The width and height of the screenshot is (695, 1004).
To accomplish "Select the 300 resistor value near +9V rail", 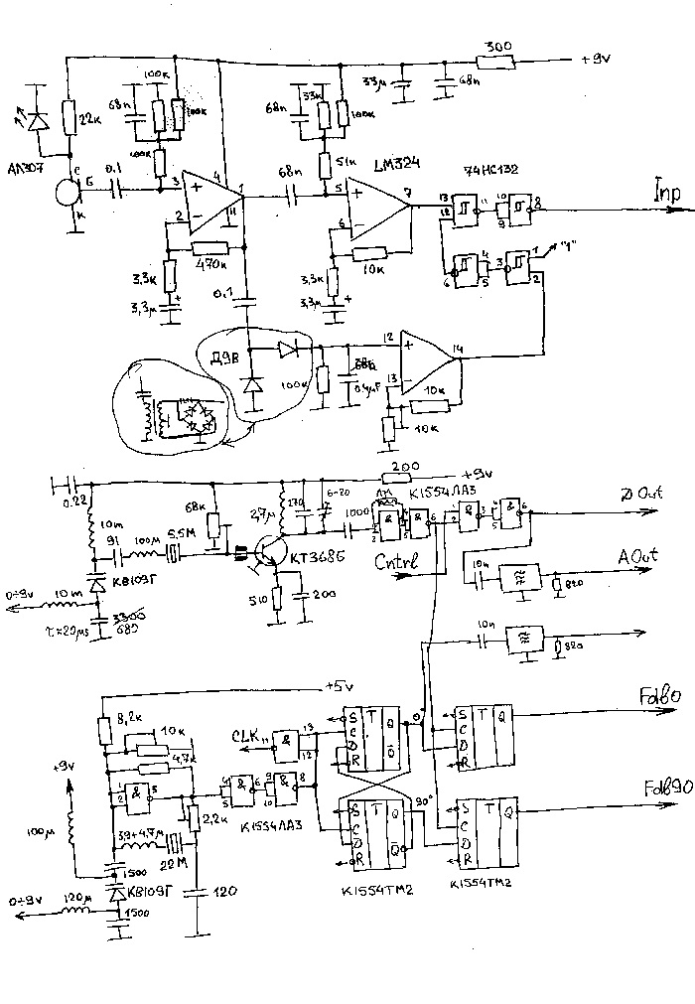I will click(x=498, y=47).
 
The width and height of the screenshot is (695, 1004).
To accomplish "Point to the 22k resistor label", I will click(x=90, y=120).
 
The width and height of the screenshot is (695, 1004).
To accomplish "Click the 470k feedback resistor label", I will click(x=208, y=266).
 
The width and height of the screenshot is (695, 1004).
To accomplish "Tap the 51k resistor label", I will click(x=347, y=162).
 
